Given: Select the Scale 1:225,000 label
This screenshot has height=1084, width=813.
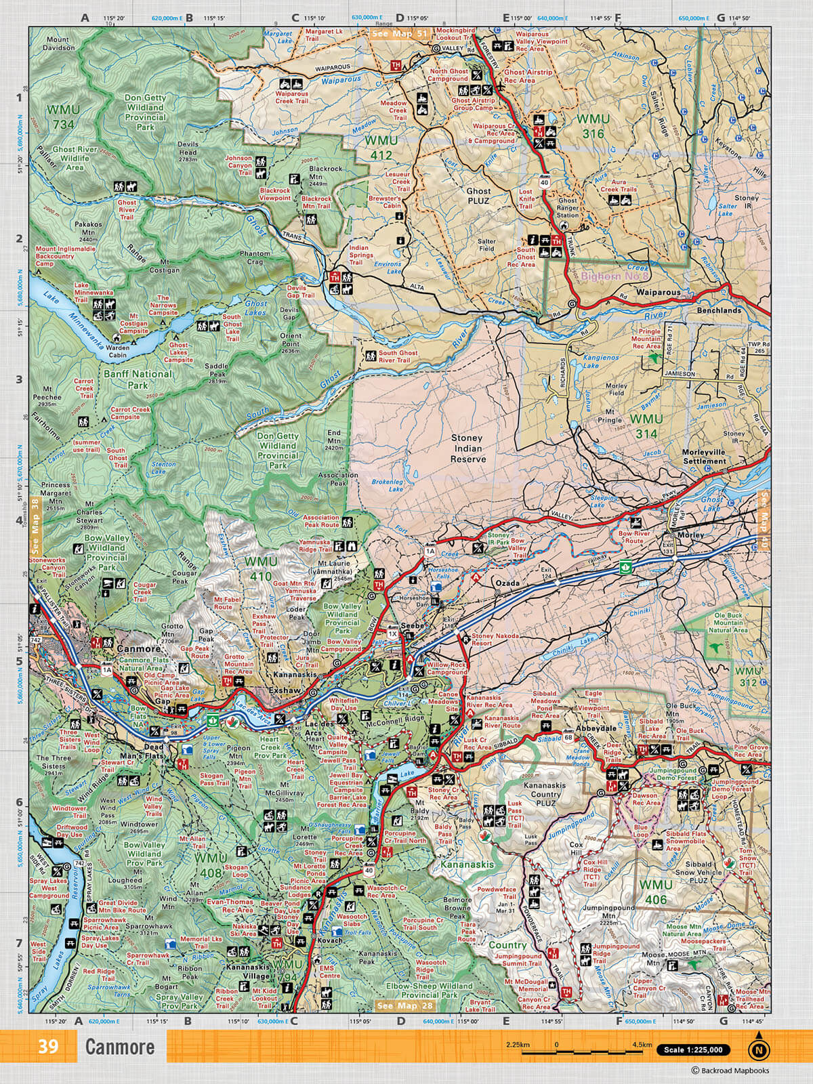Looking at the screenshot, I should click(x=693, y=1050).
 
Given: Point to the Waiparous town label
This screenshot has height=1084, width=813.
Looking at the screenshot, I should click(x=658, y=293).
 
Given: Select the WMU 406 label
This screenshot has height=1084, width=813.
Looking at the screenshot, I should click(x=656, y=893).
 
